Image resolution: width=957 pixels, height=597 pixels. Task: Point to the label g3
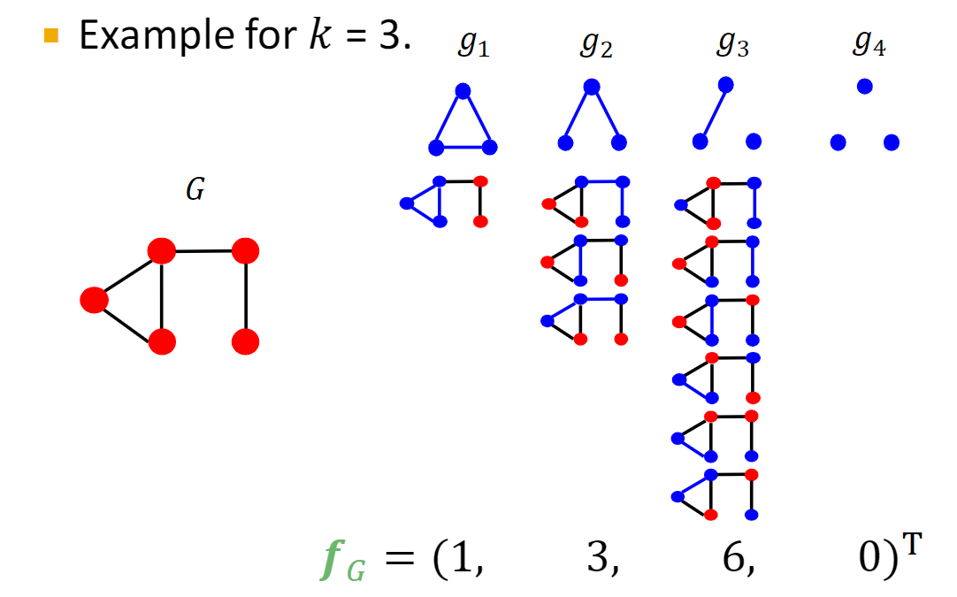tap(733, 46)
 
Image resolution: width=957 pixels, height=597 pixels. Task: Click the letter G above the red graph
tap(195, 192)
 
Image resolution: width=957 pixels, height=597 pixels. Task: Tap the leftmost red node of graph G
tap(94, 300)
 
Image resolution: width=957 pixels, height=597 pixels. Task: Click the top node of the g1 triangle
tap(462, 90)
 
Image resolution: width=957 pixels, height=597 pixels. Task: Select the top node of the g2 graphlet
tap(592, 87)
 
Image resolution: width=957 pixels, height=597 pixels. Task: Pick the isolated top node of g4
tap(865, 86)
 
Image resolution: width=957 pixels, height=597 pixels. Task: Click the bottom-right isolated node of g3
tap(754, 142)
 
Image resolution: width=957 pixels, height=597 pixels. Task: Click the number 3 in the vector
tap(601, 560)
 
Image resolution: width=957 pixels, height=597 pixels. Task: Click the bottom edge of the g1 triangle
tap(463, 148)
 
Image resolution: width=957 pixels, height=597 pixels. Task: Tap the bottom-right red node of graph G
tap(246, 341)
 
